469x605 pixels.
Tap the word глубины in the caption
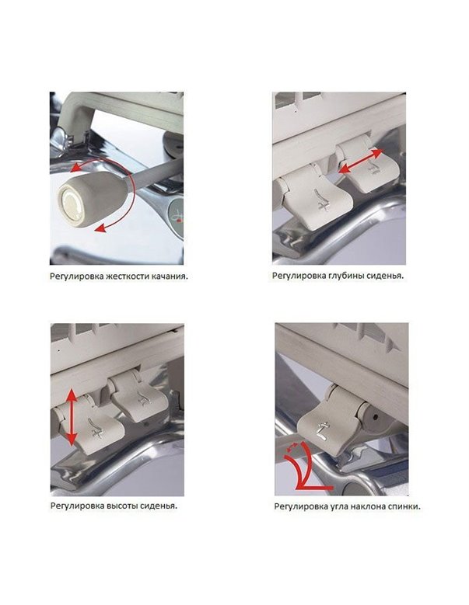(341, 276)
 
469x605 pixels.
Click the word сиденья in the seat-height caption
(158, 506)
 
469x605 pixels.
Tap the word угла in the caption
(337, 506)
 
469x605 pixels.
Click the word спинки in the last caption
(404, 506)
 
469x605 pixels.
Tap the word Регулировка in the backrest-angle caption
(299, 506)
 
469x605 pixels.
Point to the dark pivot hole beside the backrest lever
(376, 416)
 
